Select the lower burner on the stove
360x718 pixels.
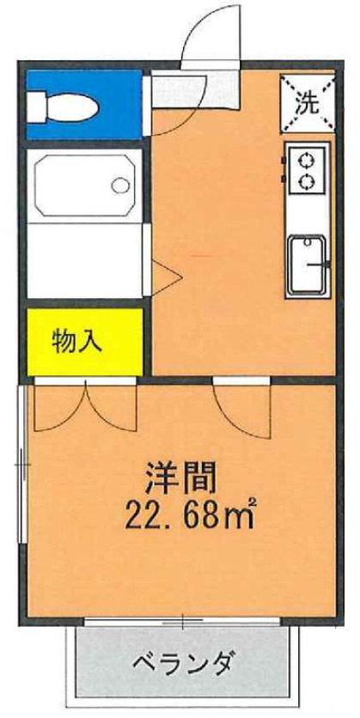pyautogui.click(x=303, y=181)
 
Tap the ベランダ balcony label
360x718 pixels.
pyautogui.click(x=183, y=664)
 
